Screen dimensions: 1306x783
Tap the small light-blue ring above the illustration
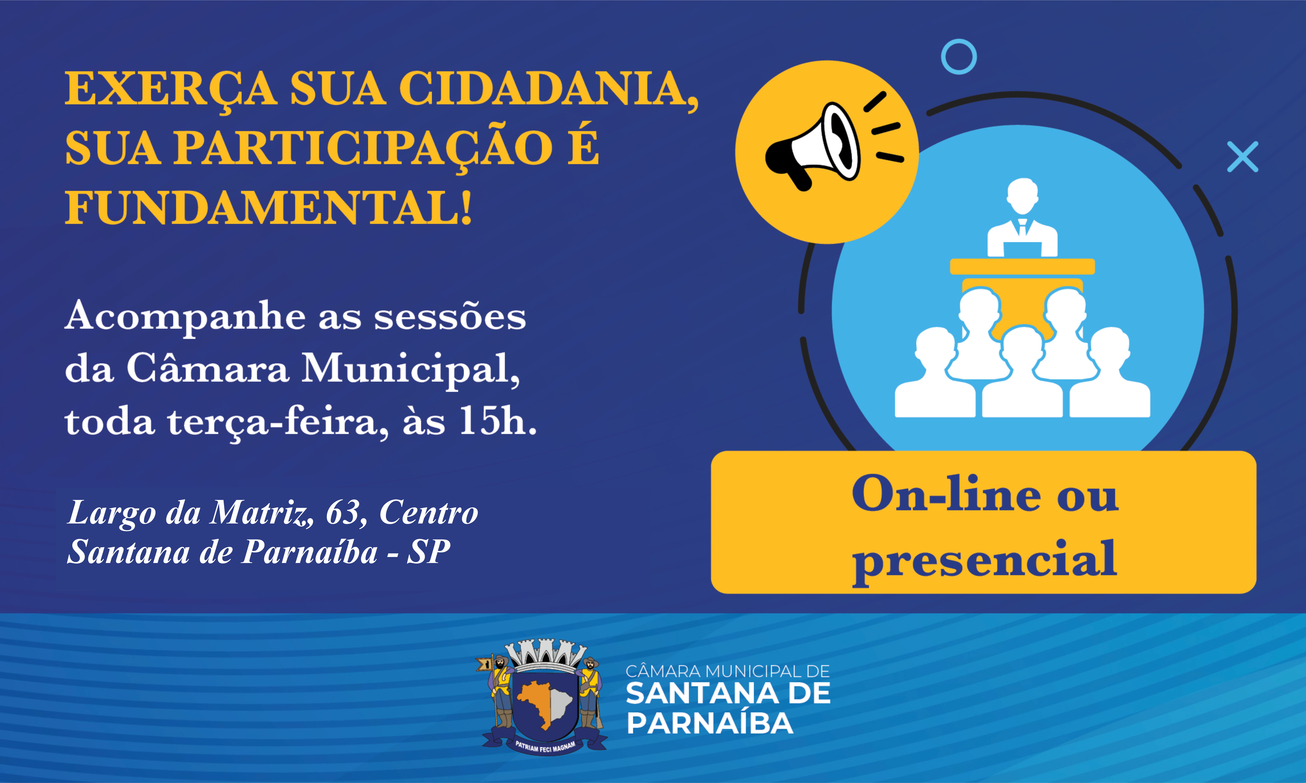959,57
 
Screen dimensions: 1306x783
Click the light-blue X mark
1243,157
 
